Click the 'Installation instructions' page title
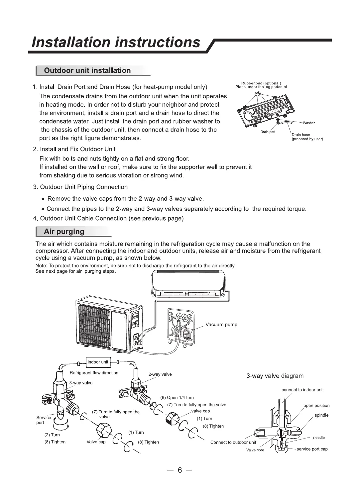click(x=116, y=43)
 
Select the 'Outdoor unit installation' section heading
click(x=87, y=70)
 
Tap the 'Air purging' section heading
click(x=64, y=232)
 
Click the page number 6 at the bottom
click(x=180, y=470)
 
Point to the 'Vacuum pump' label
click(x=221, y=325)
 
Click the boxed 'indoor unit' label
click(x=98, y=362)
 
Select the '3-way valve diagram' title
click(x=275, y=376)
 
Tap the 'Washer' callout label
click(x=308, y=123)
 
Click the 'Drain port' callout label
click(x=268, y=132)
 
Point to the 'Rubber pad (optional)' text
click(x=261, y=83)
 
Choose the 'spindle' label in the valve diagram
click(x=321, y=415)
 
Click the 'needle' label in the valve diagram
click(x=319, y=438)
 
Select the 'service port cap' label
click(x=312, y=449)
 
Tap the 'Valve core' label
click(x=255, y=450)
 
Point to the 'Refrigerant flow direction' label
click(x=94, y=373)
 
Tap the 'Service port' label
click(x=44, y=420)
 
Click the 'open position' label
click(x=316, y=406)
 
